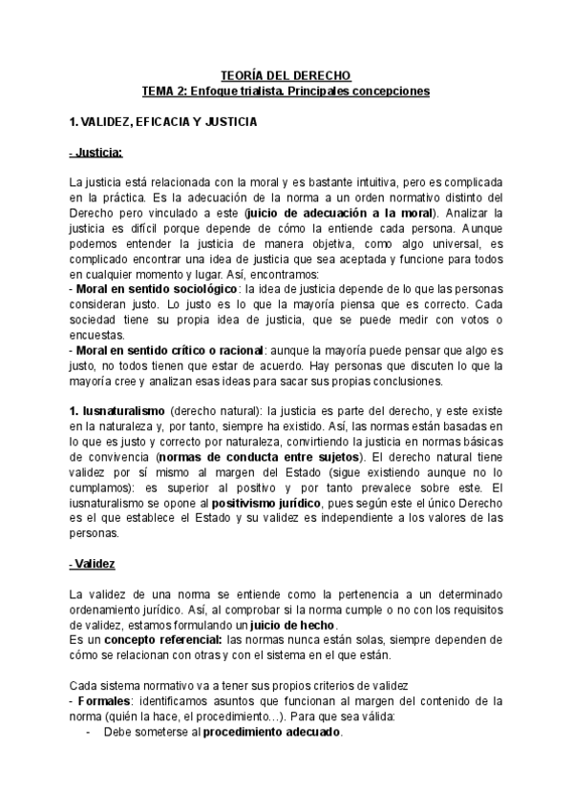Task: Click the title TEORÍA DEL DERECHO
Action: click(286, 74)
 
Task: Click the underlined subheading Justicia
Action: click(95, 153)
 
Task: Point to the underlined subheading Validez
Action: click(93, 564)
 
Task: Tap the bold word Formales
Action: click(104, 701)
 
